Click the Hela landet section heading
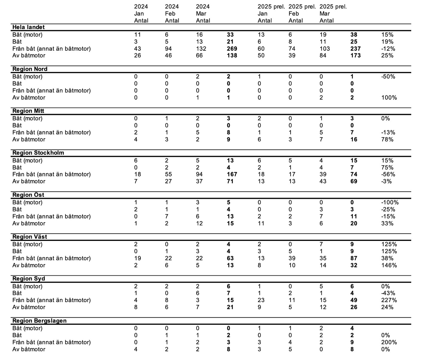[x=29, y=27]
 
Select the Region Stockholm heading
[x=38, y=153]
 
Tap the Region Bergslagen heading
[x=39, y=321]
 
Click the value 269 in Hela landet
[x=232, y=49]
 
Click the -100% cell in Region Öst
[x=390, y=202]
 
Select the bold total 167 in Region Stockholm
[x=232, y=175]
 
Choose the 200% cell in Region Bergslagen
[x=389, y=342]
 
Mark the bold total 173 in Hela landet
[x=354, y=55]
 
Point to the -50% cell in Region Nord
[x=388, y=77]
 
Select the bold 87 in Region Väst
[x=354, y=258]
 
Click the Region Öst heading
[x=28, y=195]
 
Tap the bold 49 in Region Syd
[x=354, y=300]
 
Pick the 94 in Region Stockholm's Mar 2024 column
[x=199, y=175]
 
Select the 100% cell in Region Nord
[x=389, y=98]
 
